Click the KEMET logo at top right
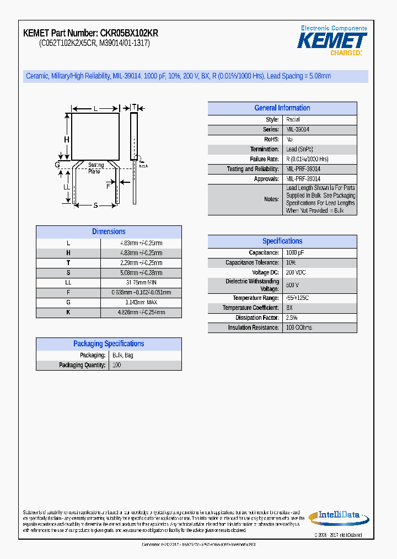332,41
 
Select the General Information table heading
282,108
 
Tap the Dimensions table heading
109,232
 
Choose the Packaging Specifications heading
109,344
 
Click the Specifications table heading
282,241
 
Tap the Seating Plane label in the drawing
96,168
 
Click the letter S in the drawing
95,205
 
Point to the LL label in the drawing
67,187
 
